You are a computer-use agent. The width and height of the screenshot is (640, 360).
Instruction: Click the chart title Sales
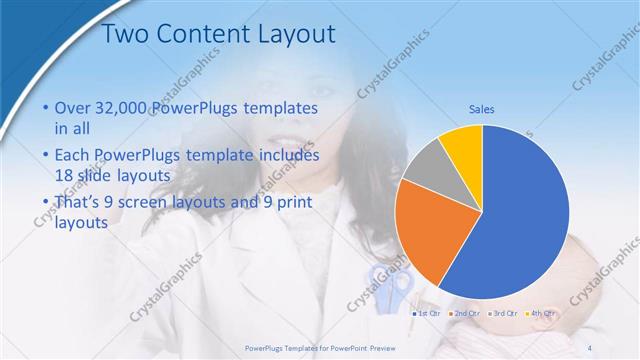point(482,109)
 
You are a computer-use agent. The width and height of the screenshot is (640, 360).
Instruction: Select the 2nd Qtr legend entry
point(465,313)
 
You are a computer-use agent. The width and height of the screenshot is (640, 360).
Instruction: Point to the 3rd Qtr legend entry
point(503,313)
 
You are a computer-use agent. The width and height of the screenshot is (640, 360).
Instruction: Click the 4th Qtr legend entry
point(540,313)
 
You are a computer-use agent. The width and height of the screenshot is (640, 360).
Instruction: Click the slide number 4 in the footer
point(589,347)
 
